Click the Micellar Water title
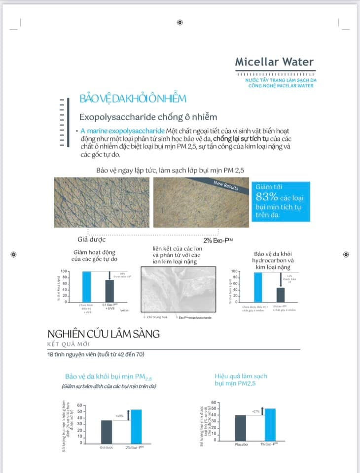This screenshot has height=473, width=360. point(274,63)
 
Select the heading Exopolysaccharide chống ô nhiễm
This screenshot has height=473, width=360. point(148,117)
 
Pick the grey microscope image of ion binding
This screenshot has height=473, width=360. point(178,289)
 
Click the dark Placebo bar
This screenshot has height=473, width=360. point(240,429)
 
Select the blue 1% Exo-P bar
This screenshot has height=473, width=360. point(270,425)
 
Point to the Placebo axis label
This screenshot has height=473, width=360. point(240,445)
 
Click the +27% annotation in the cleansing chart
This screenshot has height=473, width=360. point(255,411)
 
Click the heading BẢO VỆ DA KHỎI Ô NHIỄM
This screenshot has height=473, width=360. point(133,99)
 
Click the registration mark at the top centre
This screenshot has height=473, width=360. point(180,22)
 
